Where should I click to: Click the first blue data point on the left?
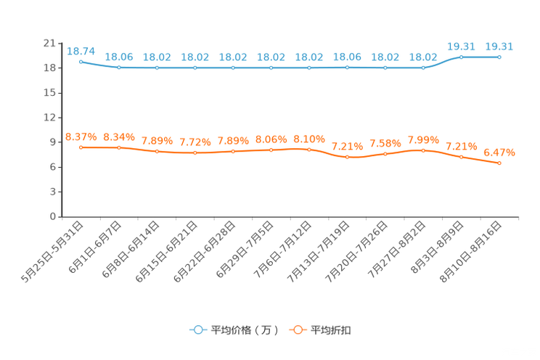pos(81,62)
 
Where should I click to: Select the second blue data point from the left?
pos(119,67)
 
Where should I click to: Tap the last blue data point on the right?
pos(499,57)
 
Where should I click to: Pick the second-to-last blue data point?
pos(461,57)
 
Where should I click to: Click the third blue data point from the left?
pos(157,67)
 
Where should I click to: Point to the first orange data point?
pos(81,147)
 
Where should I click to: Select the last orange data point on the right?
pos(499,163)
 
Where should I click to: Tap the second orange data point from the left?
pos(119,147)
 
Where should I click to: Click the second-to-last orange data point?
pos(461,157)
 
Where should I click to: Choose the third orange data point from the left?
pos(157,152)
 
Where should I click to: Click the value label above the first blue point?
pos(81,51)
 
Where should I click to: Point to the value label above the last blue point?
pos(499,46)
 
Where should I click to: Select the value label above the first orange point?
pos(81,136)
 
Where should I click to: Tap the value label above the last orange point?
pos(499,152)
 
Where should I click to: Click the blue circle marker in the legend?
pos(197,330)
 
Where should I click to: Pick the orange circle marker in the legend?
pos(296,330)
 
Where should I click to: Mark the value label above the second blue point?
pos(119,57)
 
